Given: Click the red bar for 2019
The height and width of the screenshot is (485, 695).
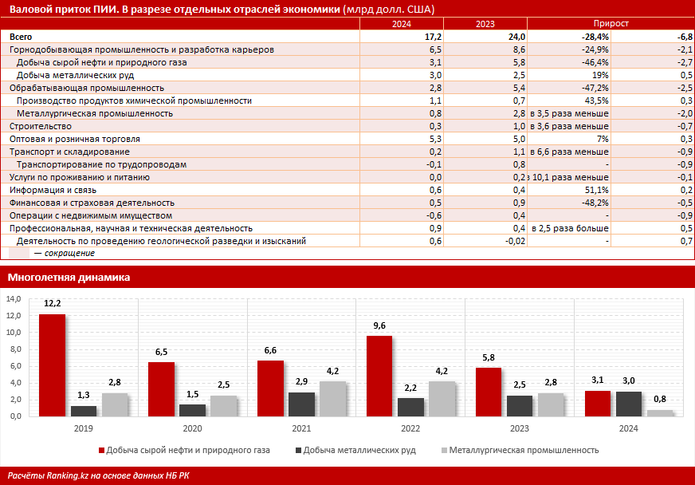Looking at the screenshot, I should click(52, 365).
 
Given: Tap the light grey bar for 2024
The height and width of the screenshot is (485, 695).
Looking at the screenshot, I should click(660, 412).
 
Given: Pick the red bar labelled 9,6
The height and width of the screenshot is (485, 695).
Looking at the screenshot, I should click(379, 376).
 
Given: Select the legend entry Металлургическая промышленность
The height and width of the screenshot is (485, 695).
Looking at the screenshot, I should click(524, 450).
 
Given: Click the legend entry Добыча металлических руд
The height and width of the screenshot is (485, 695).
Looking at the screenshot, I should click(359, 450).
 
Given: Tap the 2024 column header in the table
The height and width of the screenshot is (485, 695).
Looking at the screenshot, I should click(402, 25).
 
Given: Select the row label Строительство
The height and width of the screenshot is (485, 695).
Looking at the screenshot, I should click(41, 126).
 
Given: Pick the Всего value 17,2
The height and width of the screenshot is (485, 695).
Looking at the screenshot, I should click(433, 37).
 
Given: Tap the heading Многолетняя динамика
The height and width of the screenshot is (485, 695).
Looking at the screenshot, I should click(69, 278).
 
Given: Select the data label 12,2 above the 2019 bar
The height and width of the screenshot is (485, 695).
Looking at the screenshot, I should click(53, 304).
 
